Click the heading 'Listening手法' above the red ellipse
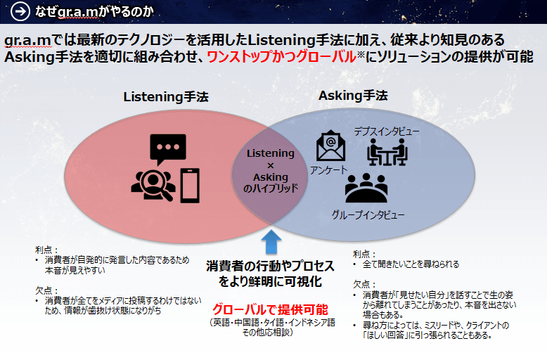[167, 96]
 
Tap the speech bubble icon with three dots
[167, 150]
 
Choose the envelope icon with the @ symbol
[330, 146]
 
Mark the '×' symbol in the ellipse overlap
[271, 165]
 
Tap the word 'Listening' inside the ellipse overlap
[271, 153]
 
